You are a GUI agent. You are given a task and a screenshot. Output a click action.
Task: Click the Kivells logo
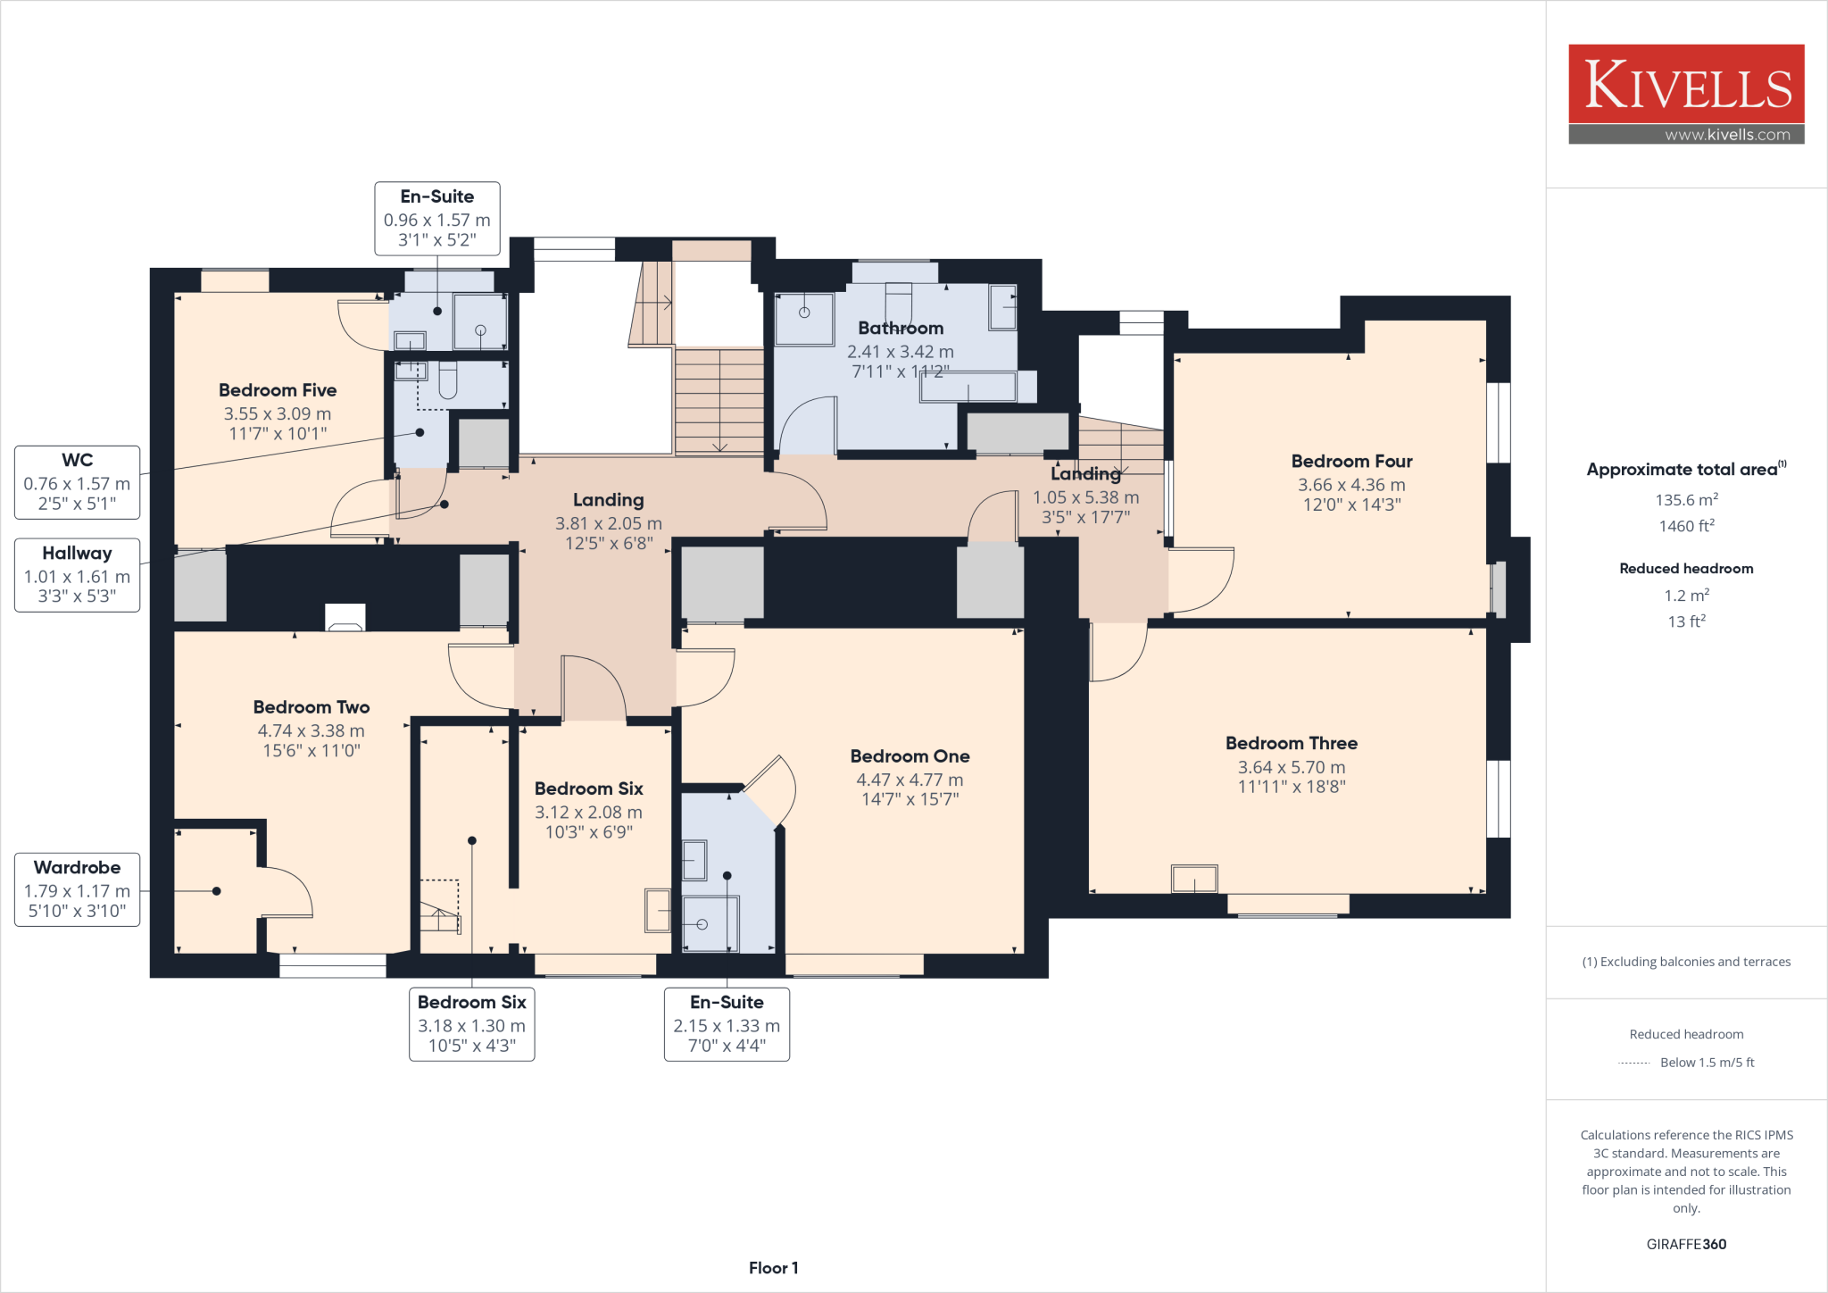click(1686, 84)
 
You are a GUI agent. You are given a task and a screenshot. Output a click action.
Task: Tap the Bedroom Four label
click(1351, 462)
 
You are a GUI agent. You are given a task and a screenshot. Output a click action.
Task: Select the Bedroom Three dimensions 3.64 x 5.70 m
click(1291, 767)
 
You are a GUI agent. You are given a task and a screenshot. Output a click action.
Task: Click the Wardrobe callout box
click(78, 889)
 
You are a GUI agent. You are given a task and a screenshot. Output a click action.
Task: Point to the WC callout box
click(78, 482)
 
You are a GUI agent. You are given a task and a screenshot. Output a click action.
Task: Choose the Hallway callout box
click(78, 575)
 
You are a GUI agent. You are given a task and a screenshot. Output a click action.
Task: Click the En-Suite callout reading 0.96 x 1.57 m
click(437, 219)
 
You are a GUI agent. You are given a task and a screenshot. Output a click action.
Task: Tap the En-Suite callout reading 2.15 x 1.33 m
click(727, 1024)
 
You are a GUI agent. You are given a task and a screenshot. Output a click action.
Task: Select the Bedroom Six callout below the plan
click(471, 1024)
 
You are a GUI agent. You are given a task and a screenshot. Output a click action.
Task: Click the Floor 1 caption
click(773, 1268)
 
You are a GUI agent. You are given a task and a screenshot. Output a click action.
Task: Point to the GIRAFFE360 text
click(1686, 1244)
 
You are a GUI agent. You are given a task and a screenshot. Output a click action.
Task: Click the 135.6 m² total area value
click(1686, 500)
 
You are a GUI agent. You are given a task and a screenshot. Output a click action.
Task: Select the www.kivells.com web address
click(1726, 135)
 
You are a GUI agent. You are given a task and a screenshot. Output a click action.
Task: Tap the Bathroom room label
click(901, 329)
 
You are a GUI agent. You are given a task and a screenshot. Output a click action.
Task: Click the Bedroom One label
click(910, 756)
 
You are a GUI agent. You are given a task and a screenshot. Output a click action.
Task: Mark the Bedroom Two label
click(311, 707)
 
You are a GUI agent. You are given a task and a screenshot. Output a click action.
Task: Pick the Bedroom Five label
click(278, 390)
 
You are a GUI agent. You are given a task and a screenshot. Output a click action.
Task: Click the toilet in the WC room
click(447, 381)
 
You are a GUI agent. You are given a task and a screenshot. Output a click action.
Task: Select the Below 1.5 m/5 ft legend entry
click(1706, 1063)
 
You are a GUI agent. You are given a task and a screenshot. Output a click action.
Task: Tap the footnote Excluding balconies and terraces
click(1686, 962)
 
